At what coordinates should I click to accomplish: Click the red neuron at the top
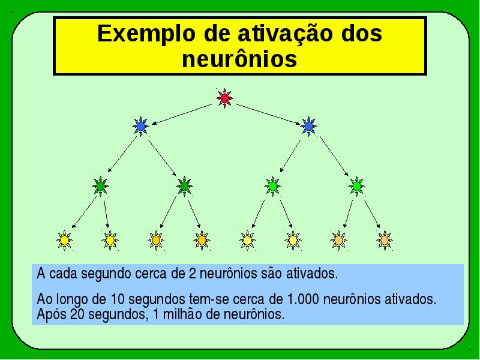pos(224,98)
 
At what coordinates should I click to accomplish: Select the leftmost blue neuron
pos(140,126)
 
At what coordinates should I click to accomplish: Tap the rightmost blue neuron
pos(308,126)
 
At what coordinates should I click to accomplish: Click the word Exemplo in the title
pos(146,34)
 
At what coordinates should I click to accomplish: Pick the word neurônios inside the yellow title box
pos(239,59)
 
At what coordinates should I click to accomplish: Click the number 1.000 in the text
pos(303,299)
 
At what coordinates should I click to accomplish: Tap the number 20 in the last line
pos(77,314)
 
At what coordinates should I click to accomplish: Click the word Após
pos(52,314)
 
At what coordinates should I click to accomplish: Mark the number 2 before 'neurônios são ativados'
pos(192,274)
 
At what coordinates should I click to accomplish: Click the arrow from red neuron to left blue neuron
pos(182,114)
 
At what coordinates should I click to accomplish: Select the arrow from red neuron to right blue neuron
pos(268,114)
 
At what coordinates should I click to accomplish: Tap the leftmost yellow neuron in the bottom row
pos(64,241)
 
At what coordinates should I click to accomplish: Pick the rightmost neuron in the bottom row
pos(385,241)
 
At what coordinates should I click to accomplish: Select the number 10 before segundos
pos(118,299)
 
